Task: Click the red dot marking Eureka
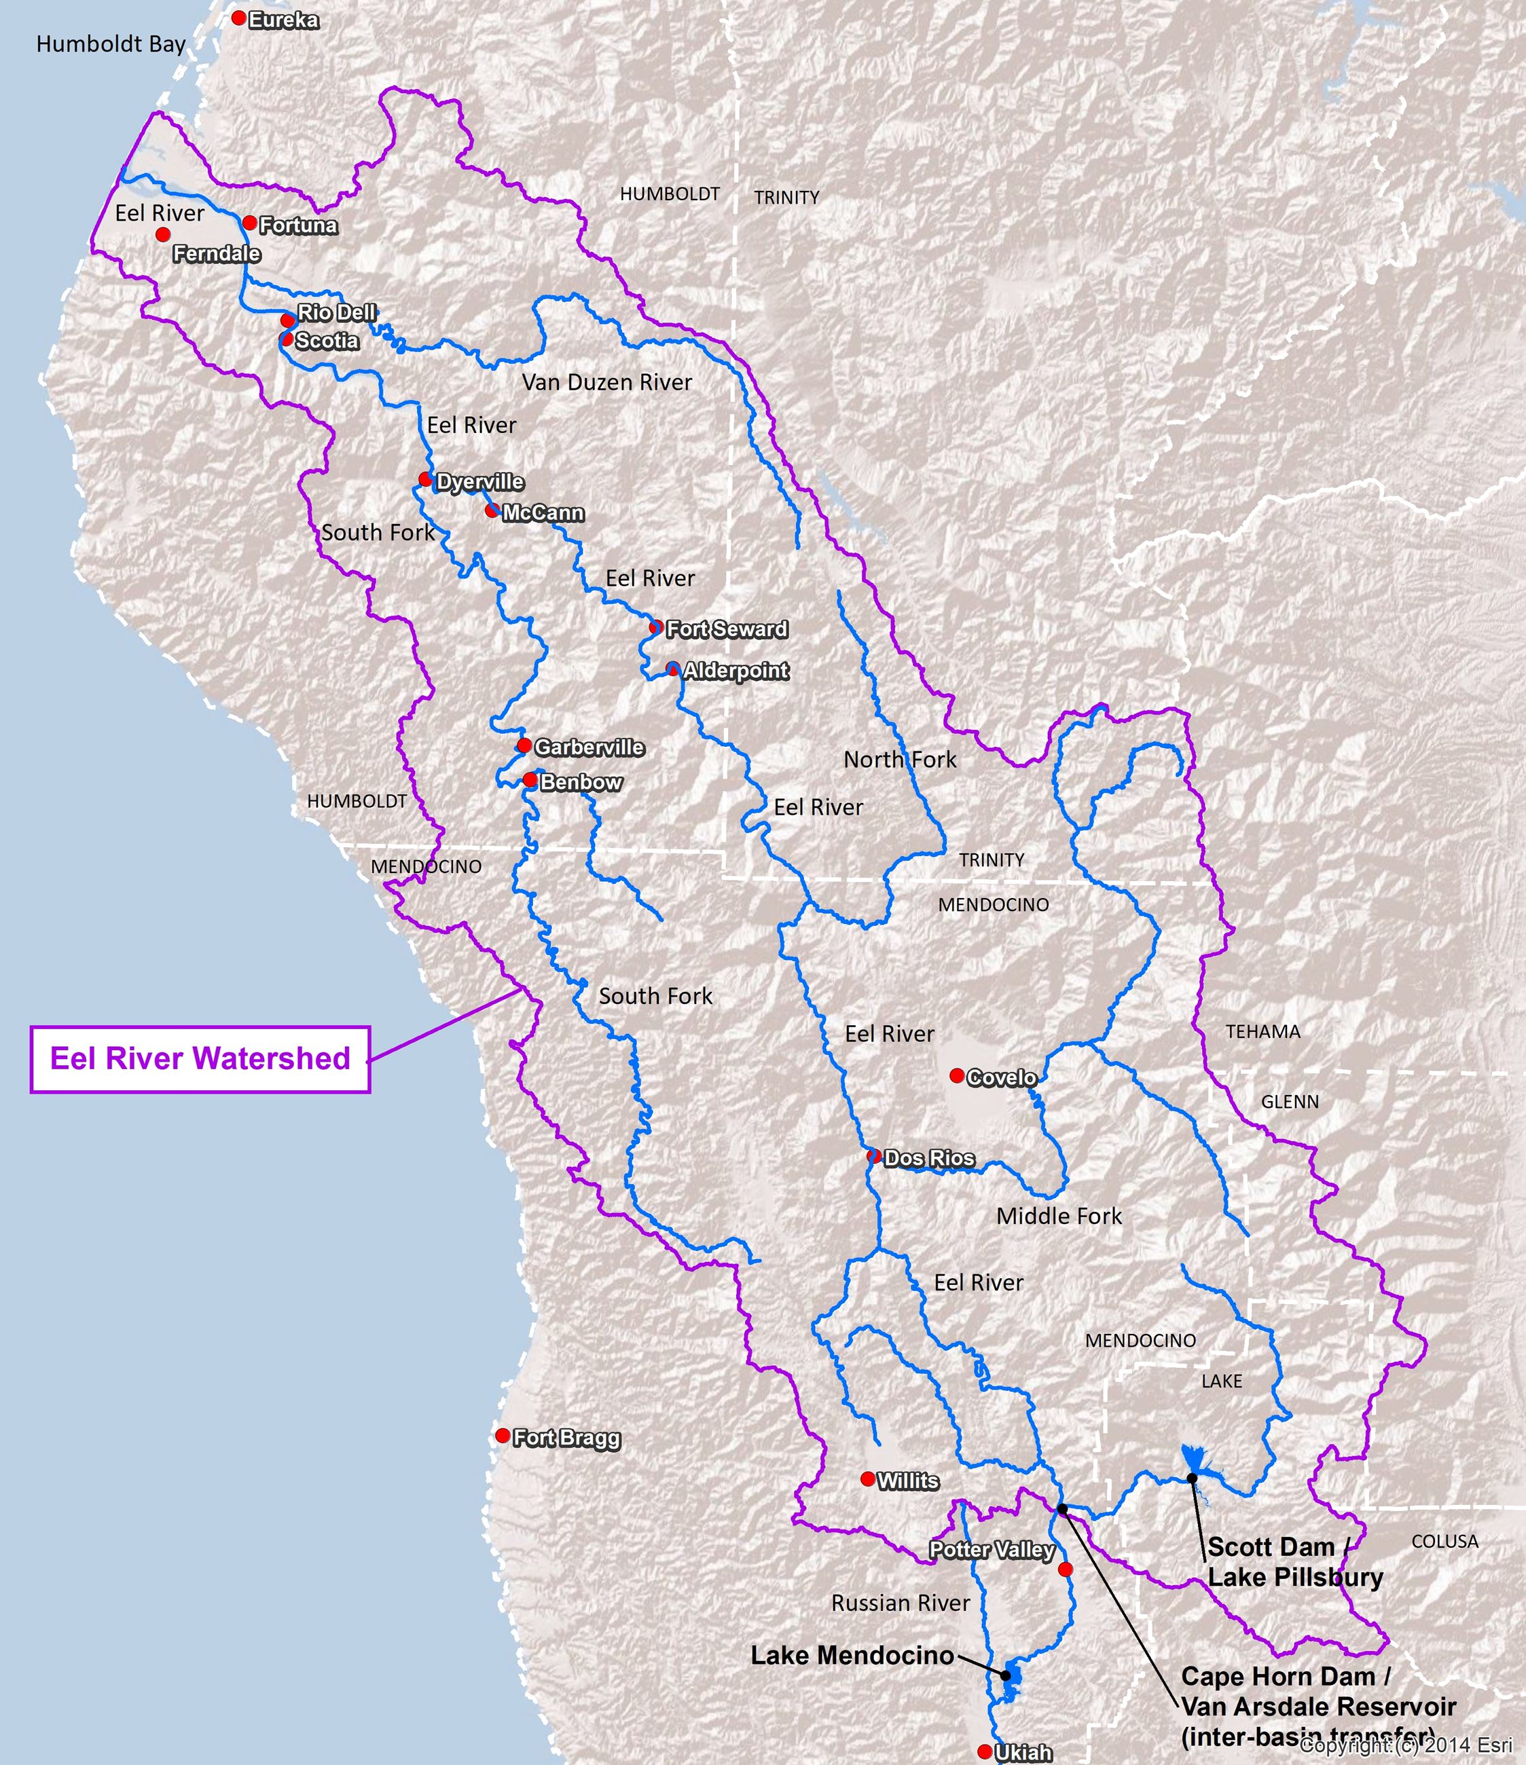click(x=240, y=18)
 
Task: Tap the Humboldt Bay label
click(x=111, y=44)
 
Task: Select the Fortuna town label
click(x=298, y=226)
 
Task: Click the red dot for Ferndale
click(x=163, y=234)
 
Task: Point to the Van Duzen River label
click(x=606, y=382)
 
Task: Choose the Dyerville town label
click(x=479, y=482)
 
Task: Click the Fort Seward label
click(x=727, y=629)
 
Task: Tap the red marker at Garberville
click(x=525, y=745)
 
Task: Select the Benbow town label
click(x=581, y=782)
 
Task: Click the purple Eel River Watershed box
click(x=200, y=1059)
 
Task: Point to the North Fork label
click(x=900, y=760)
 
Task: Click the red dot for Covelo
click(x=957, y=1076)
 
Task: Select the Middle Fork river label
click(x=1059, y=1216)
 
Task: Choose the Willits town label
click(x=907, y=1481)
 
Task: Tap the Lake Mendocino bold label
click(x=852, y=1655)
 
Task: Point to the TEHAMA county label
click(x=1262, y=1032)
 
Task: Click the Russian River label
click(x=901, y=1603)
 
